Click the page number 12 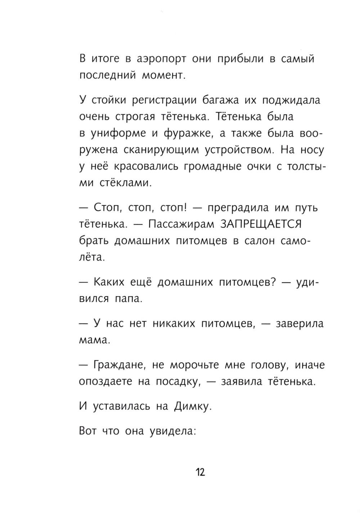click(200, 472)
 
